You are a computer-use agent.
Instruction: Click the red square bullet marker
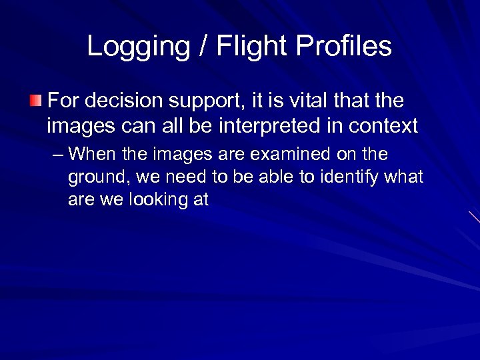35,101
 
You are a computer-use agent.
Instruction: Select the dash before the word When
57,155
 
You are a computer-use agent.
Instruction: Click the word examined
293,155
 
